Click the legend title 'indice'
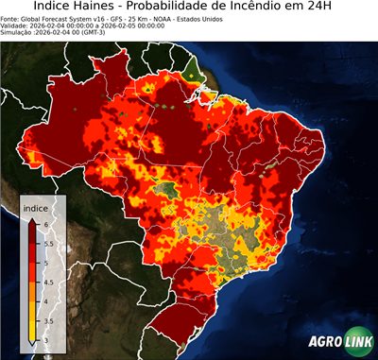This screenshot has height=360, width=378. pyautogui.click(x=35, y=207)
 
